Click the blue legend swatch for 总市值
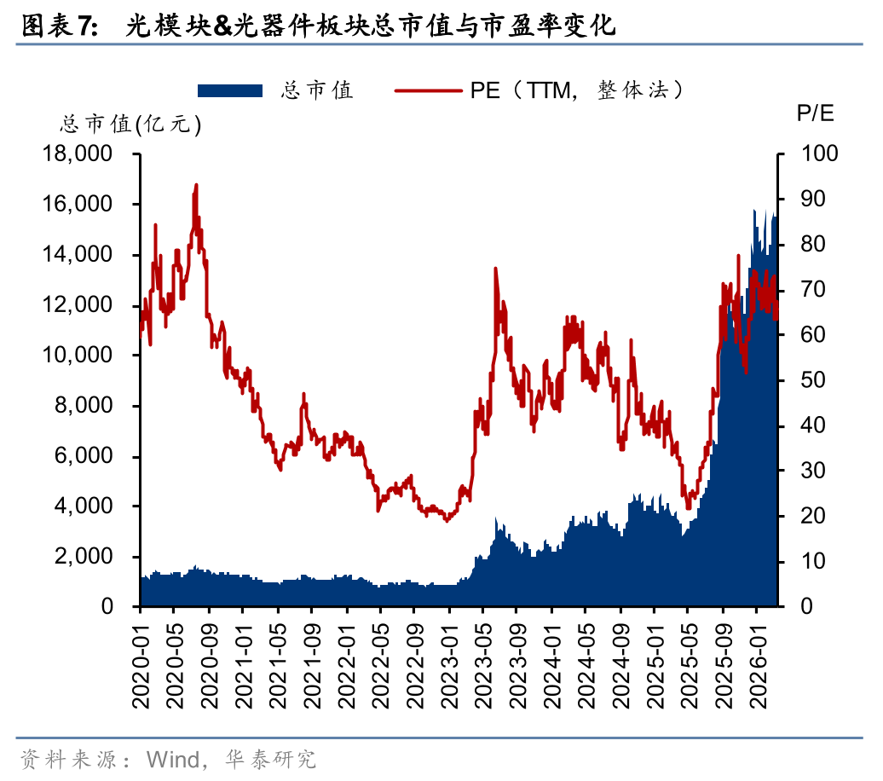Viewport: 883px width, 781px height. coord(229,90)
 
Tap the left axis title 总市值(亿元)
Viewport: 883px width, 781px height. coord(130,124)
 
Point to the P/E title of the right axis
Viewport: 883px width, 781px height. coord(815,113)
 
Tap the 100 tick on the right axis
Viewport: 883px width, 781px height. coord(818,154)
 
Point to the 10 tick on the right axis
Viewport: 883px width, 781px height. coord(812,561)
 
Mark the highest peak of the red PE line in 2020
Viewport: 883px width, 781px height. coord(196,184)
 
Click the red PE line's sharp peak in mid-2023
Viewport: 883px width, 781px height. coord(495,269)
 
